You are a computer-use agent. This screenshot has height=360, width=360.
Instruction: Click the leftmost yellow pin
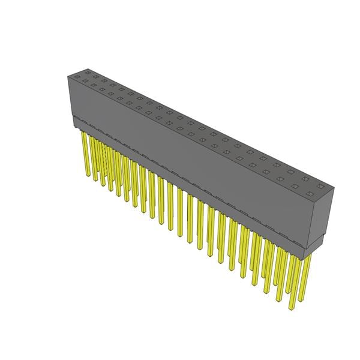tap(85, 153)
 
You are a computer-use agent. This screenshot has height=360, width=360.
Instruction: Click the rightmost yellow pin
tap(307, 276)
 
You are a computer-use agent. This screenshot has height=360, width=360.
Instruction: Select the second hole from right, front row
tap(295, 187)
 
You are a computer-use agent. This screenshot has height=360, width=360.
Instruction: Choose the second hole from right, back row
tap(306, 181)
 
